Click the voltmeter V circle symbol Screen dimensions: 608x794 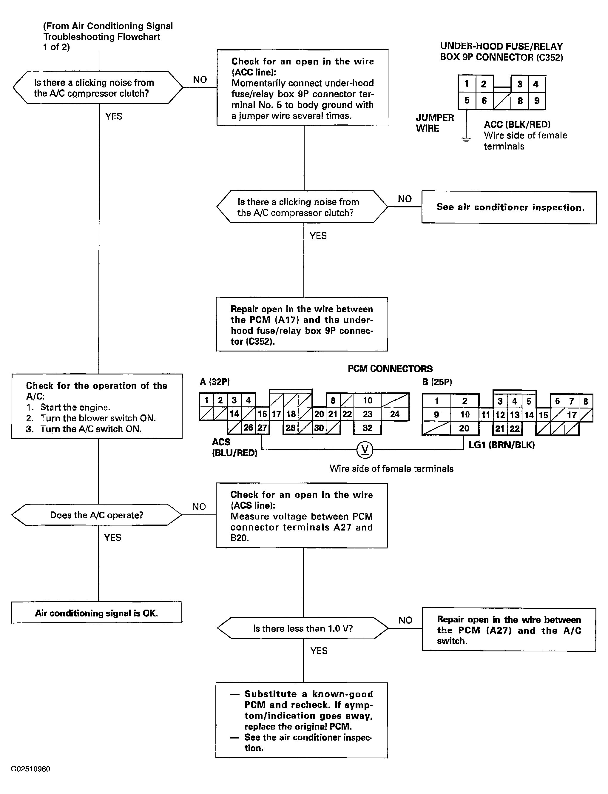pyautogui.click(x=365, y=449)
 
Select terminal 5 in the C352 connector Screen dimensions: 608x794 pyautogui.click(x=467, y=101)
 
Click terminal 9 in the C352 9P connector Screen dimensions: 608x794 pyautogui.click(x=537, y=101)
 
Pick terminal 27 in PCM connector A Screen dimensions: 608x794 pyautogui.click(x=262, y=428)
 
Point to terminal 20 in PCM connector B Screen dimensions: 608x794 pyautogui.click(x=464, y=428)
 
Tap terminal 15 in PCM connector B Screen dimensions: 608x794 pyautogui.click(x=543, y=415)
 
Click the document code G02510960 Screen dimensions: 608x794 pyautogui.click(x=30, y=769)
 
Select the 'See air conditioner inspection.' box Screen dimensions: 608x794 pyautogui.click(x=509, y=207)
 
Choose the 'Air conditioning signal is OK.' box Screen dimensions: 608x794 pyautogui.click(x=97, y=612)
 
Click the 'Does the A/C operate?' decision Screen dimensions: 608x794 pyautogui.click(x=97, y=515)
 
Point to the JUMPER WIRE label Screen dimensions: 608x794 pyautogui.click(x=435, y=123)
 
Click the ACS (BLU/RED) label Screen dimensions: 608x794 pyautogui.click(x=234, y=447)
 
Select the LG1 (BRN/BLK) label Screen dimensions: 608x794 pyautogui.click(x=501, y=445)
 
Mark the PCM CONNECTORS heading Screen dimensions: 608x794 pyautogui.click(x=390, y=369)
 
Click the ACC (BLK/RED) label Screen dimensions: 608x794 pyautogui.click(x=517, y=124)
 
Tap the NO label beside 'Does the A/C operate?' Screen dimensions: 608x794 pyautogui.click(x=199, y=507)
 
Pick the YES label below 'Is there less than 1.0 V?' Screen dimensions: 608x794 pyautogui.click(x=319, y=651)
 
